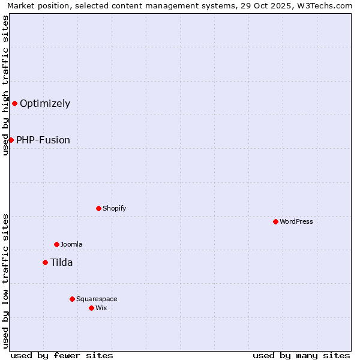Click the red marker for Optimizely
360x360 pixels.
point(14,103)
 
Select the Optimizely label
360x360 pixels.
point(45,103)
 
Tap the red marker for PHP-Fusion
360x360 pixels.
point(11,140)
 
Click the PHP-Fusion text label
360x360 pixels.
point(43,140)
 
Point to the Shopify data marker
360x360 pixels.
point(98,208)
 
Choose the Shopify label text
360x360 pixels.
point(114,208)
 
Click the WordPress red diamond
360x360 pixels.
point(275,221)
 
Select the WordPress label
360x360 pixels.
point(296,221)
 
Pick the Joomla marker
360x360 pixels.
point(56,244)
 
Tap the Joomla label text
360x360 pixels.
point(71,244)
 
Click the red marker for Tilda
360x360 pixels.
point(45,262)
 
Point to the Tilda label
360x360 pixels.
point(61,262)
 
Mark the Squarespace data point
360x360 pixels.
point(72,299)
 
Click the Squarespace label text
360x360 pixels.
point(97,299)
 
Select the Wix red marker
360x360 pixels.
point(91,308)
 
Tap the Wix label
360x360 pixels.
point(101,308)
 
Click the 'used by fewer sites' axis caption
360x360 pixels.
point(62,355)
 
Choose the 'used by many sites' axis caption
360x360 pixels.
point(301,355)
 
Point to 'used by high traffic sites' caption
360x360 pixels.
point(5,85)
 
